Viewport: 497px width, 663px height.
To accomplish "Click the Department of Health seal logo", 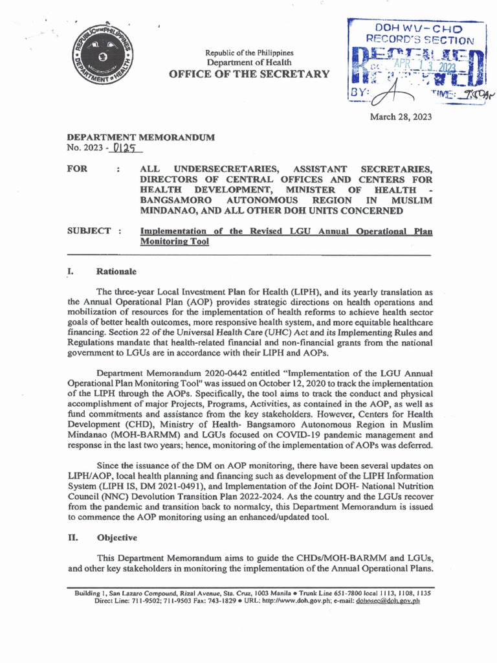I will tap(99, 63).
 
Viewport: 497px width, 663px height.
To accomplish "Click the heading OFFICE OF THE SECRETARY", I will tap(248, 74).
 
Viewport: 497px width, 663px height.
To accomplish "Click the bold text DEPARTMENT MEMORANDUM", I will tap(140, 138).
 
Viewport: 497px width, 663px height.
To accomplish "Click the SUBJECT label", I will tap(89, 231).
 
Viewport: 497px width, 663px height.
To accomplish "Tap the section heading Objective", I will tap(116, 537).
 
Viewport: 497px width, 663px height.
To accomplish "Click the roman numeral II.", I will tap(72, 537).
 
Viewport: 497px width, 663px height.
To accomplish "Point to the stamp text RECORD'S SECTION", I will tap(410, 41).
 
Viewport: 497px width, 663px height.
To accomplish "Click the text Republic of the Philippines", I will tap(249, 52).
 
